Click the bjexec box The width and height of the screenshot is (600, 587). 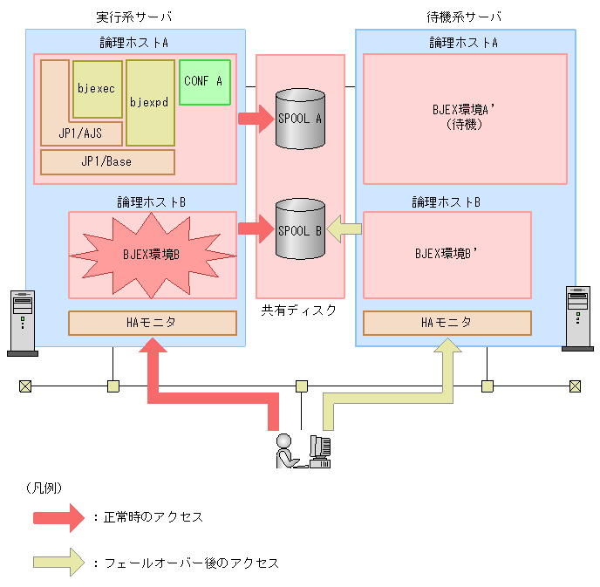pos(98,89)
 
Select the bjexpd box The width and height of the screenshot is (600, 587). pos(150,102)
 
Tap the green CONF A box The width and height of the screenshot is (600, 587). pos(204,81)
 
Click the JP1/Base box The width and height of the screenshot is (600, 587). pos(107,162)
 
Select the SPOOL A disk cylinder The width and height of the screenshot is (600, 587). pos(299,118)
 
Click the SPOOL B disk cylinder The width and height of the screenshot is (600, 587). pos(299,229)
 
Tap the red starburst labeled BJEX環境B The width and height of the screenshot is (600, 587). pos(153,255)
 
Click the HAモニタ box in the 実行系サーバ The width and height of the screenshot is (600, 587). pos(153,323)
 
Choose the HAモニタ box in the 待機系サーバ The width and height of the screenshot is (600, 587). pos(447,323)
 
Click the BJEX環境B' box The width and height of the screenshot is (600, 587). pos(447,255)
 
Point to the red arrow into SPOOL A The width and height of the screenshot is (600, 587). pos(256,118)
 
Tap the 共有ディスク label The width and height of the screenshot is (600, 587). pos(298,311)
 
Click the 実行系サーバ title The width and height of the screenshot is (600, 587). pos(134,17)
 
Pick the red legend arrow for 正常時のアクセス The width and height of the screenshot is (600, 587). pos(58,516)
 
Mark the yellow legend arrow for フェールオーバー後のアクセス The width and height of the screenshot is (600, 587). pos(58,563)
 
